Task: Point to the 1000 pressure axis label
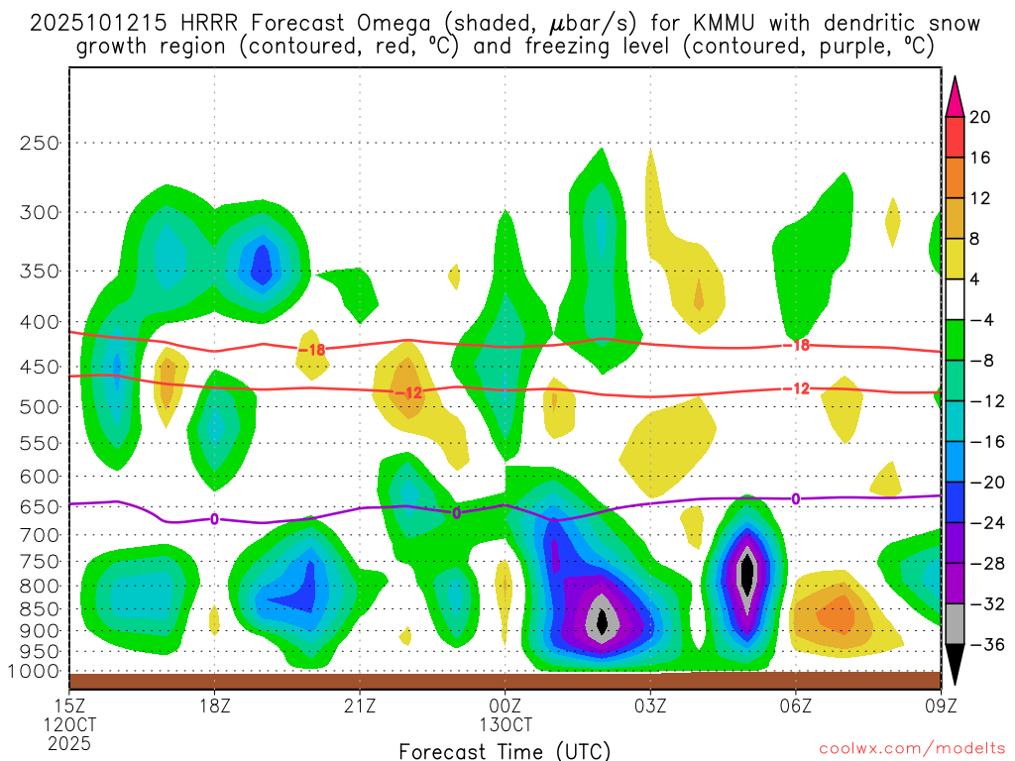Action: (38, 671)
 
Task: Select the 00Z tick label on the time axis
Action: (506, 707)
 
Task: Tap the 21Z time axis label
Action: (360, 707)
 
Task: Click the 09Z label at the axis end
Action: (941, 707)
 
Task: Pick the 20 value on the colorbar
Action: (980, 117)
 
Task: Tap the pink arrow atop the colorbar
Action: (954, 95)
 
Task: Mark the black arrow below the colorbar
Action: (954, 666)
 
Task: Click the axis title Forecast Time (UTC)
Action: (505, 750)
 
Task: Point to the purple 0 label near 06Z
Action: (795, 498)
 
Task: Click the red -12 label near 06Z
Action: (799, 388)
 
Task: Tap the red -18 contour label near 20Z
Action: (312, 349)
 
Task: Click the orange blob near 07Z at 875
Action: (839, 614)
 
